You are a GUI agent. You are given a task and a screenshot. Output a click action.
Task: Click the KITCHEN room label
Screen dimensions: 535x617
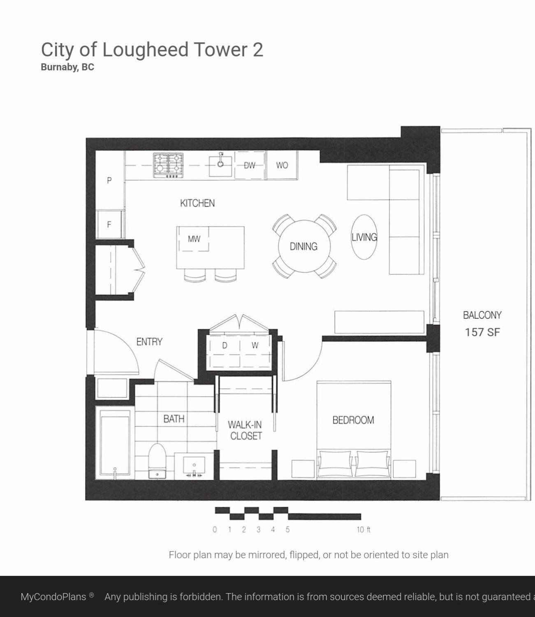coord(197,203)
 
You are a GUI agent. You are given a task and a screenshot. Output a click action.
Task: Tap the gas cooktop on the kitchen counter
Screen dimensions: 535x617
coord(168,166)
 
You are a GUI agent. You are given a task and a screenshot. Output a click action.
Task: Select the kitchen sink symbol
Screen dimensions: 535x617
coord(220,165)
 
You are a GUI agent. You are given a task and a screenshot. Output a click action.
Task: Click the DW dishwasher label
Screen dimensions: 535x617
coord(250,166)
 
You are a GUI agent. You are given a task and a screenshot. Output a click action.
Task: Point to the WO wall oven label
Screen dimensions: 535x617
coord(282,166)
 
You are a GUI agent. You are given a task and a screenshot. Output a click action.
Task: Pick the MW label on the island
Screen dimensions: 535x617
coord(194,239)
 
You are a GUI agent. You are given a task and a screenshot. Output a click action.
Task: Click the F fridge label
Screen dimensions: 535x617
coord(109,224)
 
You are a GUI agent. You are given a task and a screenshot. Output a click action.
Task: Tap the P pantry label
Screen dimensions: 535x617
coord(109,180)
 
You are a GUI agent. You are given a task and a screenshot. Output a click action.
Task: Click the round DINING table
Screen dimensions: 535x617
coord(304,246)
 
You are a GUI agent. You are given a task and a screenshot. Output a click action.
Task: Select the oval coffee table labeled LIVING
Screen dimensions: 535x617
coord(364,237)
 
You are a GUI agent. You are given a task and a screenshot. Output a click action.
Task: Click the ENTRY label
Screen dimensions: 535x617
coord(149,342)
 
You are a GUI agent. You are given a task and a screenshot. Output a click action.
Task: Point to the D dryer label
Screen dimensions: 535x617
coord(225,345)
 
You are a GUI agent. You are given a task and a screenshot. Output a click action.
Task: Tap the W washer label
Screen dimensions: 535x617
coord(255,345)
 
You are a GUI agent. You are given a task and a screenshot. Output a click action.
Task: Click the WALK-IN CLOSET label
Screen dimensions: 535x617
coord(245,431)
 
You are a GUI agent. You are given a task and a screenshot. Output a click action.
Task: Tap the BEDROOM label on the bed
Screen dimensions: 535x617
coord(353,420)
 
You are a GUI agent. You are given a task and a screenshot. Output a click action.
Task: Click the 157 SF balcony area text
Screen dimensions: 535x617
coord(482,332)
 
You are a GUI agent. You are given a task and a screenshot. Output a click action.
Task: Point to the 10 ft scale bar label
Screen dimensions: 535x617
coord(364,530)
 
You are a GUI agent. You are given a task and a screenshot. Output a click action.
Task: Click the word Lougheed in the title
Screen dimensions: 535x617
coord(146,50)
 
